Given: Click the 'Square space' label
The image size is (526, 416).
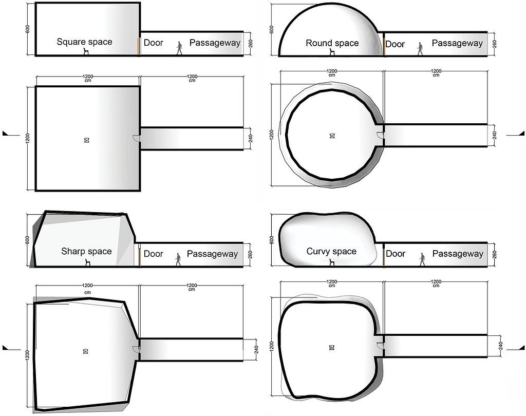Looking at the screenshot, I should coord(84,42).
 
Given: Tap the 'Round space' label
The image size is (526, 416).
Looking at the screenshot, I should coord(332,43).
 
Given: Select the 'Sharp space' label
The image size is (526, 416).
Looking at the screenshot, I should coord(86,251).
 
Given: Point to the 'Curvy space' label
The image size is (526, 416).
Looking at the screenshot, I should coord(331,251).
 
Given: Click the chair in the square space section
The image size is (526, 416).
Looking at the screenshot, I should coord(86,51).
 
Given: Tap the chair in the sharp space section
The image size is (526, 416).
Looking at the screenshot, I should coord(87,262).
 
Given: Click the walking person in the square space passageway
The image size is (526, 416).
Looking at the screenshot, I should coord(179,48).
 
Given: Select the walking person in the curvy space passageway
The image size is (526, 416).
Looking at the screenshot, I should coord(423,259).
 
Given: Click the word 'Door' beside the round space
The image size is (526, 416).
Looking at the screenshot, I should coord(395,44).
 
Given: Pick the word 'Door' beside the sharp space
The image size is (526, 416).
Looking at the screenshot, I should coord(153,254).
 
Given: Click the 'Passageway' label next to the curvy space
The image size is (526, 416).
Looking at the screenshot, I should coord(458,254).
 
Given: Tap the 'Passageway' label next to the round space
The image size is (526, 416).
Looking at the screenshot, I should coord(457,43).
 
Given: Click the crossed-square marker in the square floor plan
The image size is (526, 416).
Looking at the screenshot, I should coord(86,140).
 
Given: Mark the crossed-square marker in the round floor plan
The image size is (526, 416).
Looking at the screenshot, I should coord(332,136).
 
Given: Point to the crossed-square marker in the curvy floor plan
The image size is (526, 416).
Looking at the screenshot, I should coord(332,348).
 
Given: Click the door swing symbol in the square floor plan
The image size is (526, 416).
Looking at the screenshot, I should coord(137,137).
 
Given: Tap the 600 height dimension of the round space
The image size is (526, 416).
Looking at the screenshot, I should coord(272,29).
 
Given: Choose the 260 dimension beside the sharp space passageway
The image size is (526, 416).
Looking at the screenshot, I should coord(250,254).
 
